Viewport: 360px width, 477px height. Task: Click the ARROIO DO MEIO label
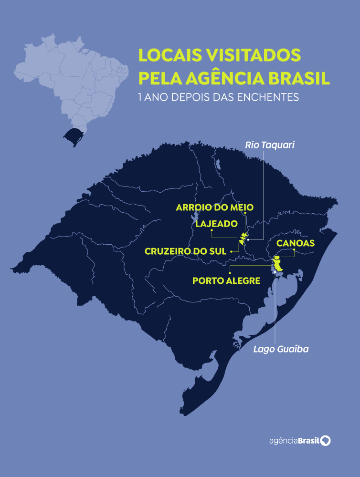[x=215, y=207]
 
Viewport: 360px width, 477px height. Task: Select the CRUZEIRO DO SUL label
[x=185, y=251]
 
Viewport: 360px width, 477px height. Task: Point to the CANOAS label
[x=296, y=243]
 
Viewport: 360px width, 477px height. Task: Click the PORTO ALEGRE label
[x=226, y=280]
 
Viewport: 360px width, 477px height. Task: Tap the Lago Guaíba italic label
[x=281, y=349]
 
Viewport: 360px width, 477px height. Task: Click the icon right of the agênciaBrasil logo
[x=326, y=440]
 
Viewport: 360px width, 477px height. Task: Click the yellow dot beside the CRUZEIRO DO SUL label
[x=231, y=251]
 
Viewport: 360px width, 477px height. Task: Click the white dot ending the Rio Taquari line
[x=248, y=239]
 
